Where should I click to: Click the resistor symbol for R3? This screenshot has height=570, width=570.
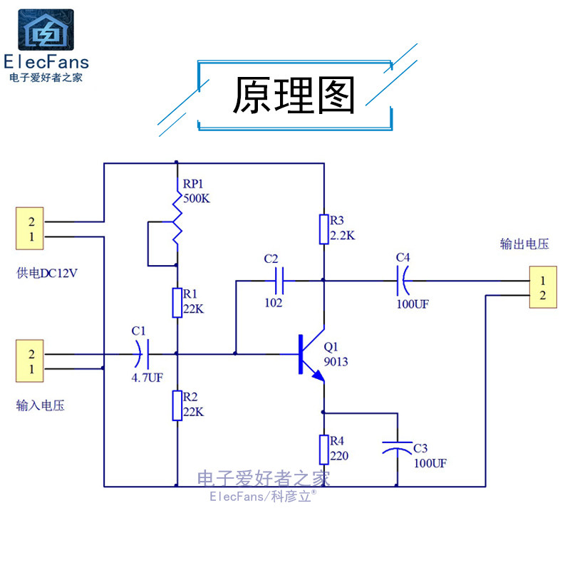[323, 229]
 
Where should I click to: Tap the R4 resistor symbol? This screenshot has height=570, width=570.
[323, 450]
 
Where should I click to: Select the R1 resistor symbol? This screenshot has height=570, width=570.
[175, 302]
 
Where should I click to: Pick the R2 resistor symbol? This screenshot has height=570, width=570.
[175, 405]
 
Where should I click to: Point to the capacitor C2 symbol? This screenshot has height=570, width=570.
[279, 281]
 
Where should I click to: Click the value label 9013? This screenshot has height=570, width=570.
[336, 362]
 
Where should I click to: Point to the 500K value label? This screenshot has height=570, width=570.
[197, 199]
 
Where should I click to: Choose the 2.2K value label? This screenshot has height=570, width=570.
[342, 234]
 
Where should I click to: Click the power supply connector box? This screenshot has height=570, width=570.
[31, 229]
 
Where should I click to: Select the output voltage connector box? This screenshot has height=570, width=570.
[542, 287]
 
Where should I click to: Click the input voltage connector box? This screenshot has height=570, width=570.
[31, 361]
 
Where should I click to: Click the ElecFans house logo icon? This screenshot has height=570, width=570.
[46, 31]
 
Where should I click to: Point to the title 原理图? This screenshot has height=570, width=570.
[294, 96]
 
